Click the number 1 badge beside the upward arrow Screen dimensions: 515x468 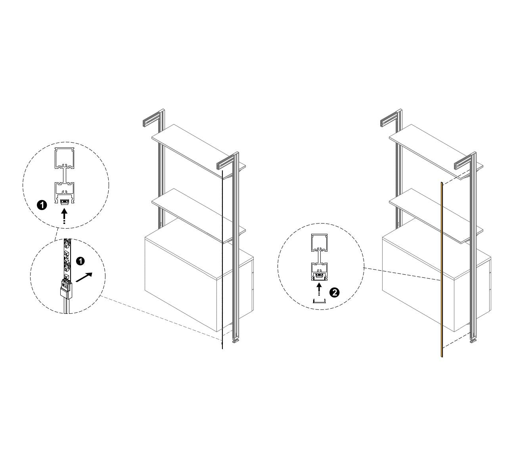tap(42, 205)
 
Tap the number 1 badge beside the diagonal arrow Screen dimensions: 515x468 tap(80, 261)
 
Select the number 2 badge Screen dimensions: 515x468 tap(334, 292)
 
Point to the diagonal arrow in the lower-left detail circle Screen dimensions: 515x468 tap(84, 277)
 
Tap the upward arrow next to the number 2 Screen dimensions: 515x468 tap(319, 289)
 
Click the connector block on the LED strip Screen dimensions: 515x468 tap(66, 289)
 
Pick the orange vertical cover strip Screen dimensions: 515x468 tap(441, 269)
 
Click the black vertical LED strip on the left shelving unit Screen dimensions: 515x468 tap(222, 259)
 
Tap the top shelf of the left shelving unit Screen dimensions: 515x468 tap(199, 151)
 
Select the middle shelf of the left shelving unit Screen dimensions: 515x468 tap(199, 216)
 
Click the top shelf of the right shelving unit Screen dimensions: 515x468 tap(436, 151)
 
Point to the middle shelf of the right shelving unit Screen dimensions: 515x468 tap(436, 216)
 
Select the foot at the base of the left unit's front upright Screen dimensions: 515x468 tap(235, 341)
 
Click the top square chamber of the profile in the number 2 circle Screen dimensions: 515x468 tap(320, 242)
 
